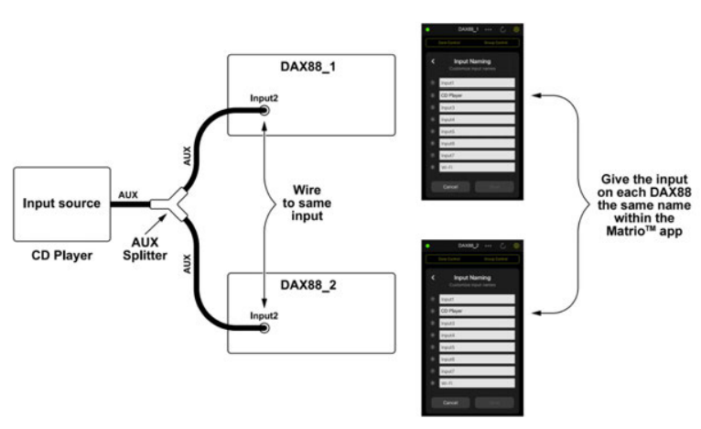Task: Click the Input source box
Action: tap(61, 202)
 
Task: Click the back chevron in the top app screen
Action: tap(434, 61)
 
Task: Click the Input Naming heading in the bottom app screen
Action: tap(475, 276)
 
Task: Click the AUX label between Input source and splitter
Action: tap(128, 194)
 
